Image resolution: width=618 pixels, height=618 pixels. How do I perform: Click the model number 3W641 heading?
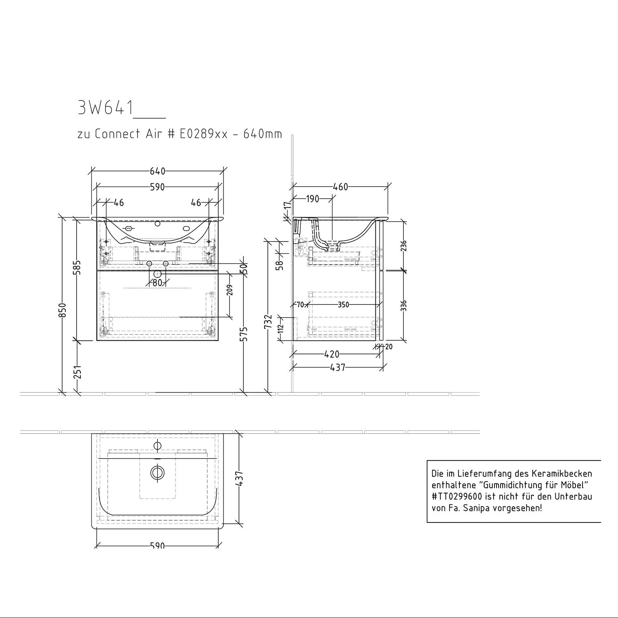pos(105,108)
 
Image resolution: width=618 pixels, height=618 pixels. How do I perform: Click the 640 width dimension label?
pos(157,171)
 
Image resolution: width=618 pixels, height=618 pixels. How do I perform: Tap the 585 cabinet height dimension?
pos(78,267)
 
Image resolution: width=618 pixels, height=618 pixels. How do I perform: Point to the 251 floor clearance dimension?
pos(78,372)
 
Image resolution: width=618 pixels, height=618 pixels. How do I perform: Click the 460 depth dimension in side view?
pos(340,187)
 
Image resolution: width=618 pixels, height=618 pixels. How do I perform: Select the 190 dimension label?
pos(313,199)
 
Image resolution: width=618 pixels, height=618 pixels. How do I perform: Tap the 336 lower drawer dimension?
pos(404,306)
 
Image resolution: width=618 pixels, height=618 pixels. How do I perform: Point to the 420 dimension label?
pos(332,354)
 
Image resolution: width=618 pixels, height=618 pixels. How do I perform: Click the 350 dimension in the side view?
pos(343,305)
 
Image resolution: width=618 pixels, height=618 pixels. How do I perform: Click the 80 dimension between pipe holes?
pos(157,283)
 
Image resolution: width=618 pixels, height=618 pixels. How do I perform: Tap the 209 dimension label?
pos(230,290)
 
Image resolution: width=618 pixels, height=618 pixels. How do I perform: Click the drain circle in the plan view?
pos(157,473)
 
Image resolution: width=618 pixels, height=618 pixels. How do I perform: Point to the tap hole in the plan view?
pos(157,445)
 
